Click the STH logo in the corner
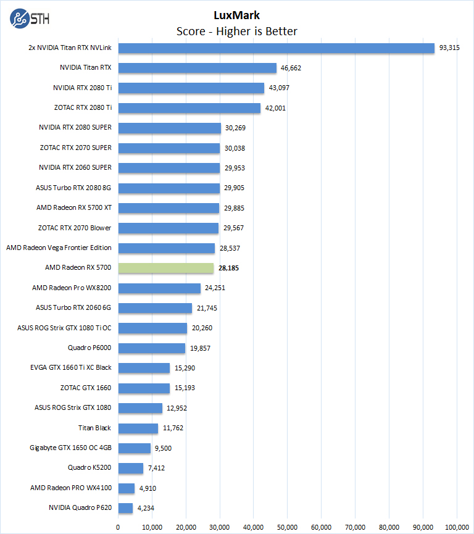pos(29,18)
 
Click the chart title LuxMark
pos(237,15)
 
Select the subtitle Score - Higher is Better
pos(237,31)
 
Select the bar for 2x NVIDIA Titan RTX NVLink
pos(276,48)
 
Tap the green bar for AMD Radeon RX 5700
pos(166,268)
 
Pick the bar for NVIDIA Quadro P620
pos(125,508)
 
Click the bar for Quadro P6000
pos(152,348)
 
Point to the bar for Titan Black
pos(138,428)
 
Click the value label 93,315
pos(450,48)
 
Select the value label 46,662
pos(291,68)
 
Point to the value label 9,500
pos(164,448)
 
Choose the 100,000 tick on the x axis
pos(457,527)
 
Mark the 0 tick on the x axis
pos(118,527)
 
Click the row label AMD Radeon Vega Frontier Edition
pos(59,248)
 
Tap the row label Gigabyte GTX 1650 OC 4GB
pos(70,448)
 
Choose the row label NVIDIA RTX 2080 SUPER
pos(75,128)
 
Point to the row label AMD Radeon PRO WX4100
pos(71,488)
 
